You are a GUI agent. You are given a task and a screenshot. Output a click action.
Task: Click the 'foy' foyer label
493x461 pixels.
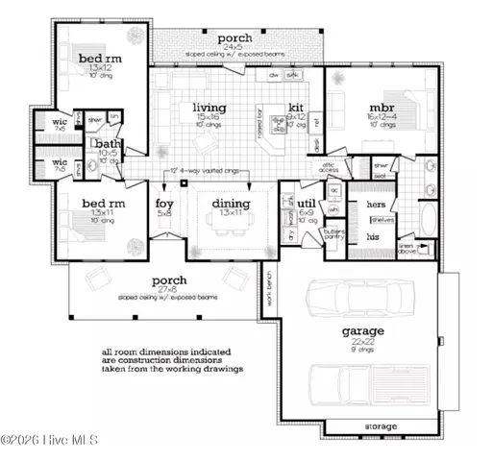coord(164,204)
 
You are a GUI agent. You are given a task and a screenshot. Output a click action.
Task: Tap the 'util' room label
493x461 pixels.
coord(308,204)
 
